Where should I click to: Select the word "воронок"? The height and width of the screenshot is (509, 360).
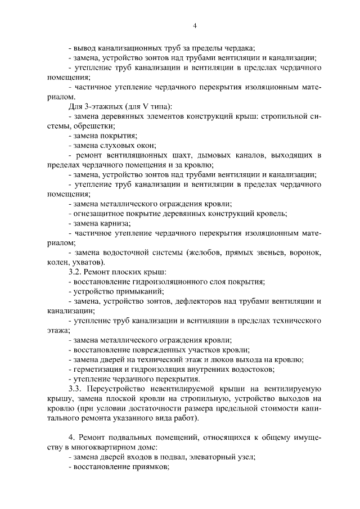pos(304,253)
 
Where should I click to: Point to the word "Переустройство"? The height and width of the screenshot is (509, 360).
pos(119,389)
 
